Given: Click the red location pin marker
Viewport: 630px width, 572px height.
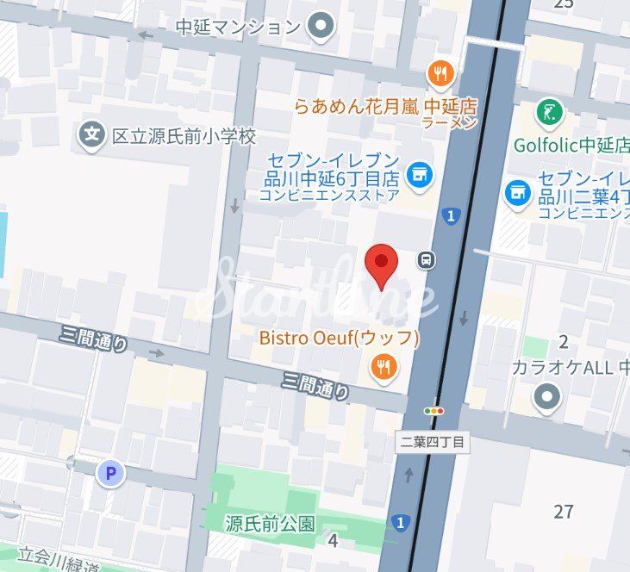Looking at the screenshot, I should [x=382, y=264].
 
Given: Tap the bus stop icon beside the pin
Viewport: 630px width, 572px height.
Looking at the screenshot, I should [x=427, y=259].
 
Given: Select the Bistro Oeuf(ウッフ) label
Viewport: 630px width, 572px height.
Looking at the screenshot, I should [x=339, y=338].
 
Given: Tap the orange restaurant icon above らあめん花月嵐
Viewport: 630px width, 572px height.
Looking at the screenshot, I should [x=440, y=74].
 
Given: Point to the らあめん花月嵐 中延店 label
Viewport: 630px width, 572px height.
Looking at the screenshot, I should [x=385, y=107].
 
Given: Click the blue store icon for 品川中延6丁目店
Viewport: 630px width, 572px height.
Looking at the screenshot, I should [x=420, y=175].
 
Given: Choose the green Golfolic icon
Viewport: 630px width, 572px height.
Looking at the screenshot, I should [x=548, y=111].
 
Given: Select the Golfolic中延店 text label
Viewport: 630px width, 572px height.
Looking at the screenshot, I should [x=571, y=144].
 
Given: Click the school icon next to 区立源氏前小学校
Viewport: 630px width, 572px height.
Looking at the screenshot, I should [x=91, y=134].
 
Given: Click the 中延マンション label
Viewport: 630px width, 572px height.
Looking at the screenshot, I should [x=238, y=27].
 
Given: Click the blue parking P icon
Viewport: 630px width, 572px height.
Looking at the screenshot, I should [x=109, y=472].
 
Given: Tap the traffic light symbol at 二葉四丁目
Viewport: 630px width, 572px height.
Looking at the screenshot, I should [x=434, y=412].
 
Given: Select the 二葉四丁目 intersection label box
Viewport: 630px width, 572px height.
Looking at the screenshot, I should [x=434, y=443].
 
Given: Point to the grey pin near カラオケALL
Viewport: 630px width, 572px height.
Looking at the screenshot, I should [x=546, y=397].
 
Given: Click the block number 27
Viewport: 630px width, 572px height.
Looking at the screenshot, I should [x=564, y=512].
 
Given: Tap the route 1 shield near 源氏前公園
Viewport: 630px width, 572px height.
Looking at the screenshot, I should [x=398, y=522].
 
